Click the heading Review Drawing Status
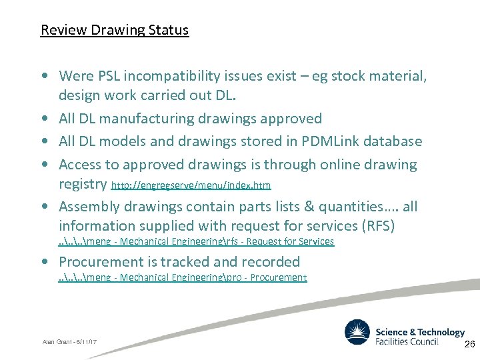(115, 30)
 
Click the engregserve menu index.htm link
(191, 184)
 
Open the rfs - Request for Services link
(196, 241)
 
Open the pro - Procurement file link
(183, 277)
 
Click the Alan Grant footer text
(69, 341)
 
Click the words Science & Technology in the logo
(420, 332)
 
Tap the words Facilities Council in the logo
(407, 342)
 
